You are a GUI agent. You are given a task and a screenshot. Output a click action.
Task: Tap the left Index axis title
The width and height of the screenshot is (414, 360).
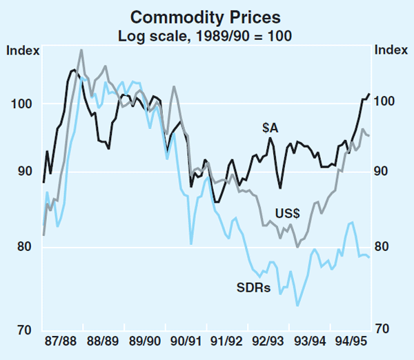(22, 50)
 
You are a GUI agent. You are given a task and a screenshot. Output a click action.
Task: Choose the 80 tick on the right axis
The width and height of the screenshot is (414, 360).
(385, 247)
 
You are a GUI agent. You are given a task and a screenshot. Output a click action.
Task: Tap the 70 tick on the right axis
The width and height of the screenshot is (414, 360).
(385, 330)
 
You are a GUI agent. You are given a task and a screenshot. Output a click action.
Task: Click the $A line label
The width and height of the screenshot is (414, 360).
(270, 128)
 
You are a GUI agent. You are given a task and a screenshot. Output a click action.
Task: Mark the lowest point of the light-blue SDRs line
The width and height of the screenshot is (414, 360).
(297, 306)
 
